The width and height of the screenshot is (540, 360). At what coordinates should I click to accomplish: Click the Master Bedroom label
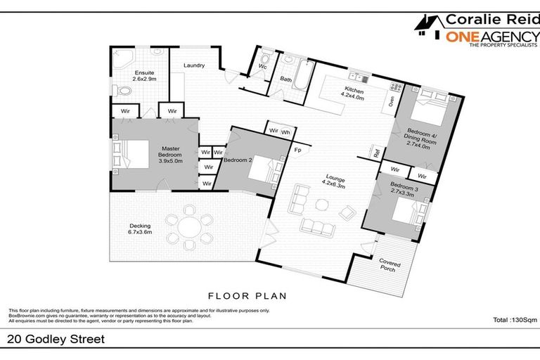coord(171,155)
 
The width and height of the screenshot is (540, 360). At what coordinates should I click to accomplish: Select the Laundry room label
coord(193,66)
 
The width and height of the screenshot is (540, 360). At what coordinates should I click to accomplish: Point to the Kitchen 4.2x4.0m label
coord(354,94)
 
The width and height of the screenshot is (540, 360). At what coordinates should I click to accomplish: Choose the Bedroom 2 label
coord(238,160)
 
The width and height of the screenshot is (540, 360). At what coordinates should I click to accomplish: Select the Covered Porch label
coord(388,265)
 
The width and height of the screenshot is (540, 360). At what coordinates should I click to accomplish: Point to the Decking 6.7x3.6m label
coord(139,228)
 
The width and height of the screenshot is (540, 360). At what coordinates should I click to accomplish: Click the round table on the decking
coord(190,227)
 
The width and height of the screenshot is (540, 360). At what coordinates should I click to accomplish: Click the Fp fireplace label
coord(297,150)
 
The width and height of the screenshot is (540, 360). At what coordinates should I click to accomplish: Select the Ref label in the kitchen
coord(377,153)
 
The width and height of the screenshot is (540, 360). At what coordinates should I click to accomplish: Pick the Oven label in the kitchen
coord(390,101)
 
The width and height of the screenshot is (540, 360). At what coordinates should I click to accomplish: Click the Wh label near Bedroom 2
coord(285,131)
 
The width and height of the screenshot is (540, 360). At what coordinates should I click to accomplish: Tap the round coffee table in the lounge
coord(322,205)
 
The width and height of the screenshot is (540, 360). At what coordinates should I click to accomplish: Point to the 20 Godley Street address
coord(56,340)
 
